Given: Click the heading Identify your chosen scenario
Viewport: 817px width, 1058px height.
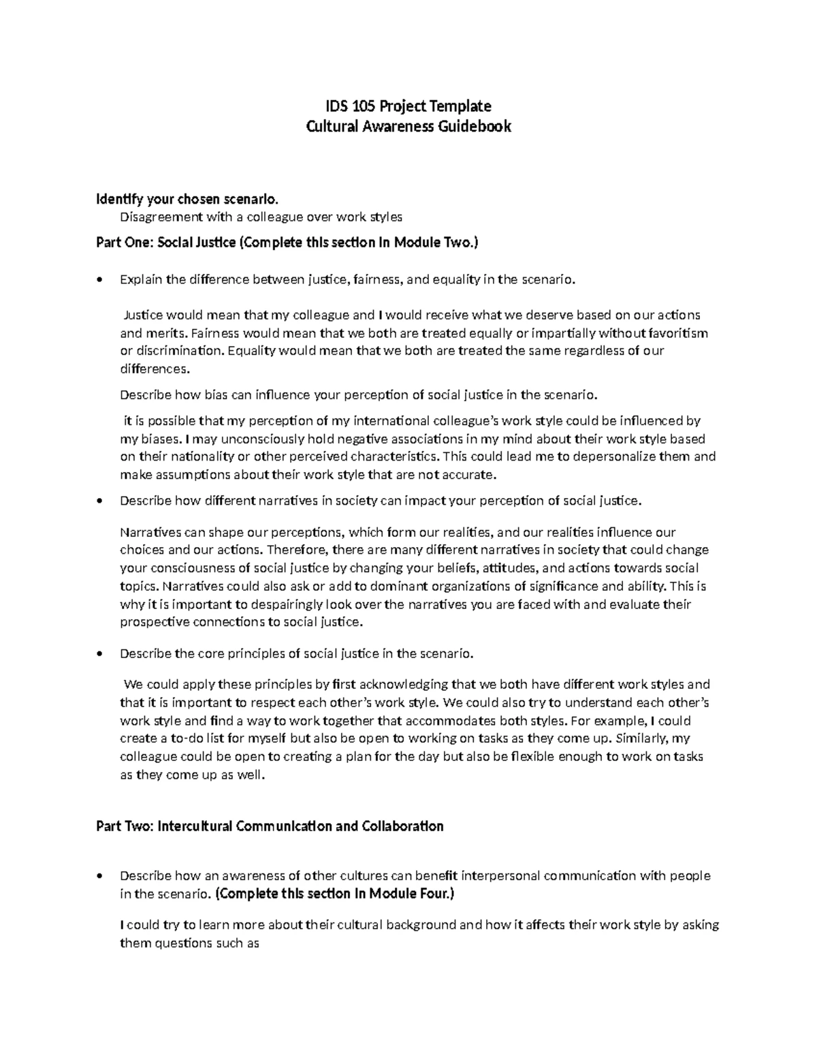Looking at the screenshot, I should pyautogui.click(x=187, y=200).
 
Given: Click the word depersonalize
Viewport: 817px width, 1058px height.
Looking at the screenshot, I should pyautogui.click(x=618, y=456).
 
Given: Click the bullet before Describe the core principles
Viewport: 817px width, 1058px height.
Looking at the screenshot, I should pyautogui.click(x=101, y=654).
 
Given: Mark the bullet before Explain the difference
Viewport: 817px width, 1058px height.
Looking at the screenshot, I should pyautogui.click(x=101, y=280).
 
